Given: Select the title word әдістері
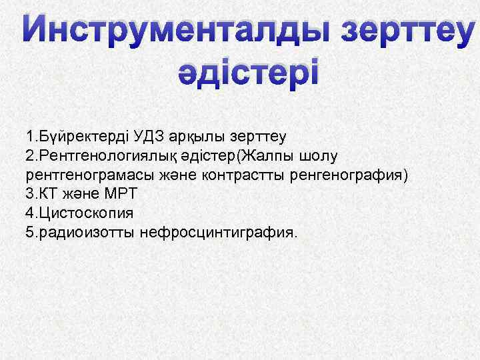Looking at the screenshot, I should tap(248, 71).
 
